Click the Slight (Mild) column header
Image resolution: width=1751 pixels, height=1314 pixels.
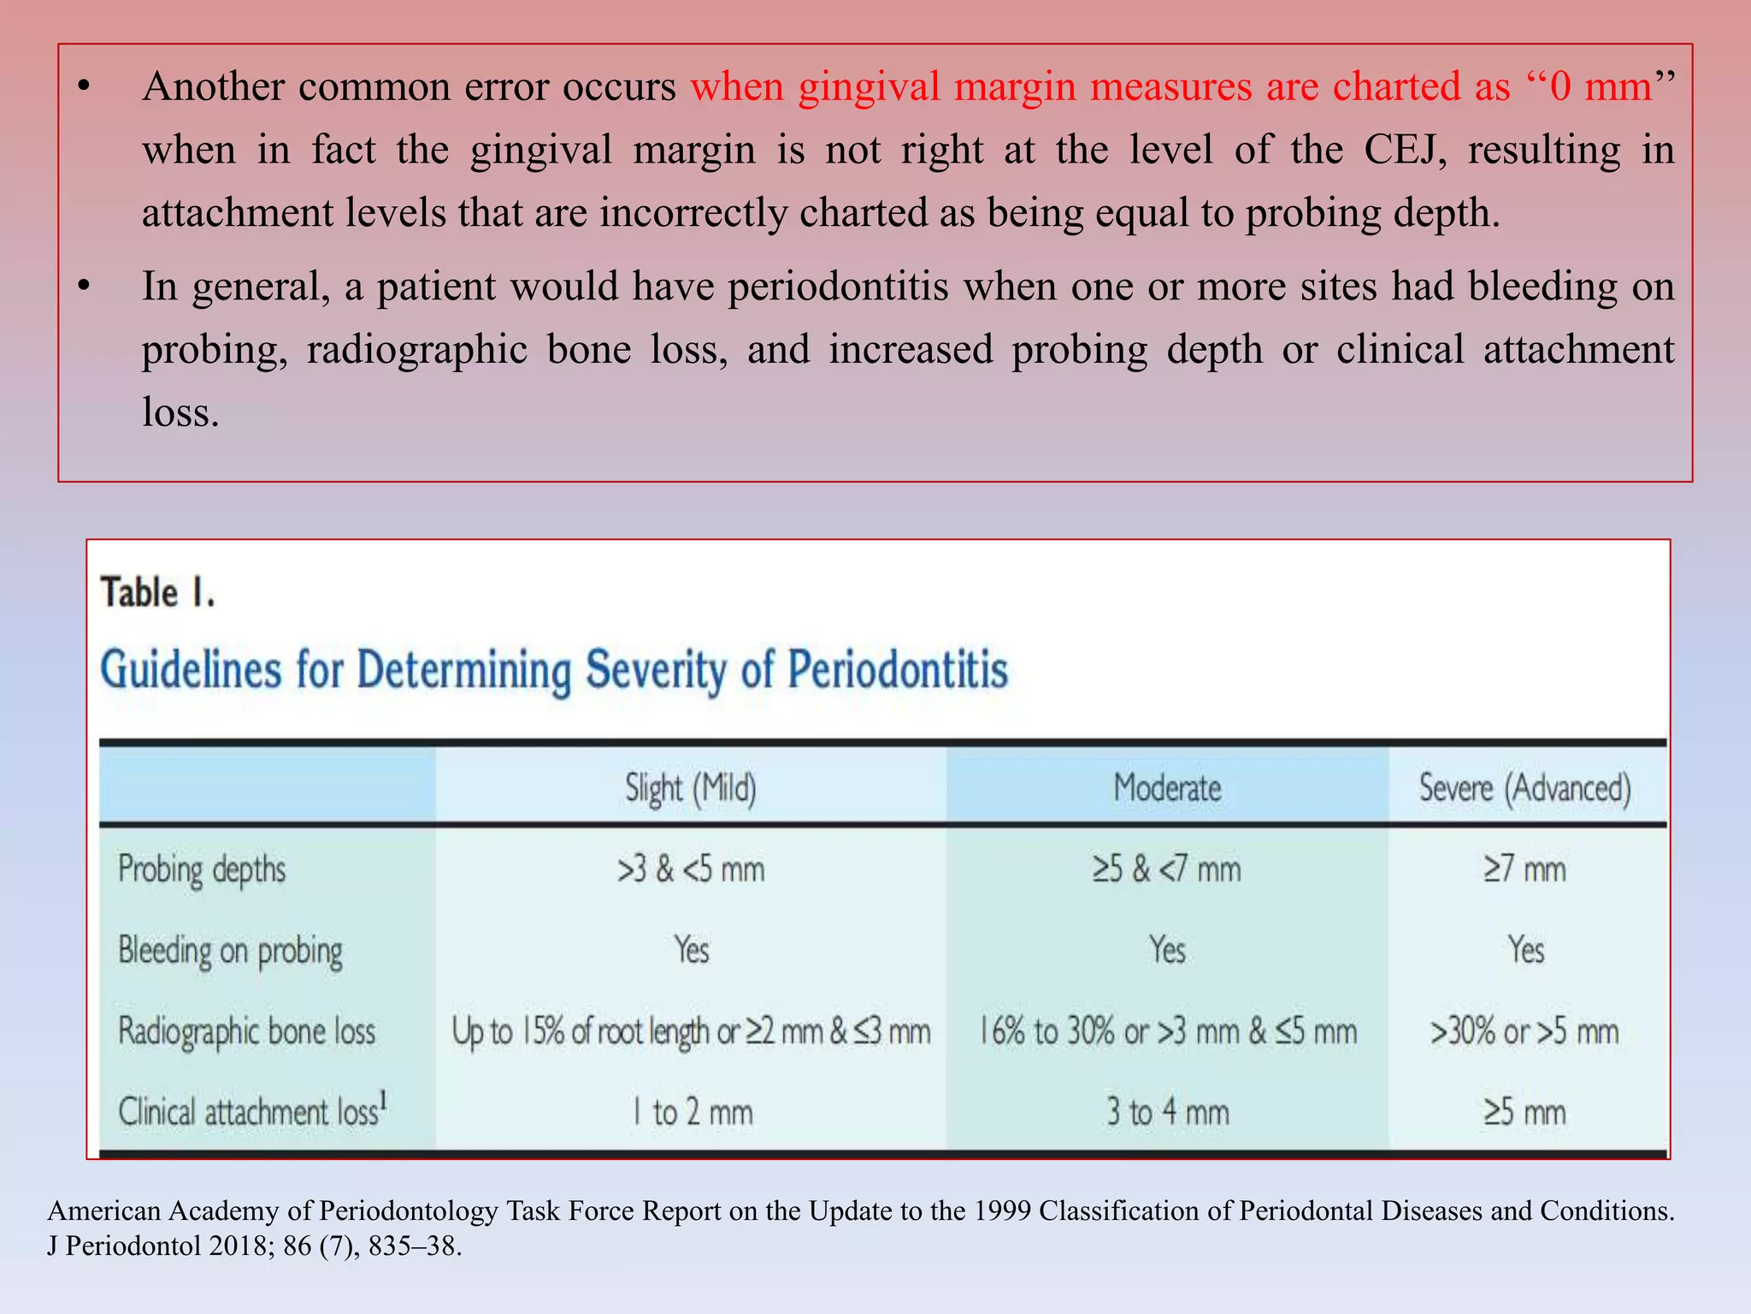[x=691, y=788]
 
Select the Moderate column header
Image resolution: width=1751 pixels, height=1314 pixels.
[x=1167, y=788]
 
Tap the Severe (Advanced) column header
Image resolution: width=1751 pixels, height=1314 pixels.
[x=1525, y=788]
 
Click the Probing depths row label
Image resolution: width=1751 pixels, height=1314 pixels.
[x=202, y=870]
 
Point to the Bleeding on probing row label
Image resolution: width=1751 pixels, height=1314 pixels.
[x=230, y=950]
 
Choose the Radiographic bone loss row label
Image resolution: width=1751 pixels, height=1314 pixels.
[x=246, y=1031]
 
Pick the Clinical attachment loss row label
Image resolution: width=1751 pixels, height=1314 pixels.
[x=252, y=1111]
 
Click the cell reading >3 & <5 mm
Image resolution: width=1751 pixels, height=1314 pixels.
[x=691, y=870]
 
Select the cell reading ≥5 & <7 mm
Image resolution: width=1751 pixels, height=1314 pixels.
[x=1167, y=870]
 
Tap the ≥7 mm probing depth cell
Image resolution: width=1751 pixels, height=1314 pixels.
[x=1525, y=870]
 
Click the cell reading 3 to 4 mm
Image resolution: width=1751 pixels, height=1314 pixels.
[x=1167, y=1112]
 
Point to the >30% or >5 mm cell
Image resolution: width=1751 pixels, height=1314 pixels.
[x=1525, y=1032]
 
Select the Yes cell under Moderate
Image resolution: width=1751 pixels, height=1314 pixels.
[x=1167, y=950]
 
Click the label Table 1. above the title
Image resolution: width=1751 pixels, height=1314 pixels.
[x=157, y=593]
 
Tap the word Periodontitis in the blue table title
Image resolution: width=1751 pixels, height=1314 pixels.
[x=898, y=669]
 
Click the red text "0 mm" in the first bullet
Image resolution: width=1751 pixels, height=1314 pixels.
[x=1600, y=87]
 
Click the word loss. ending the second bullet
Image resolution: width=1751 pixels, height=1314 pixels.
[x=180, y=412]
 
